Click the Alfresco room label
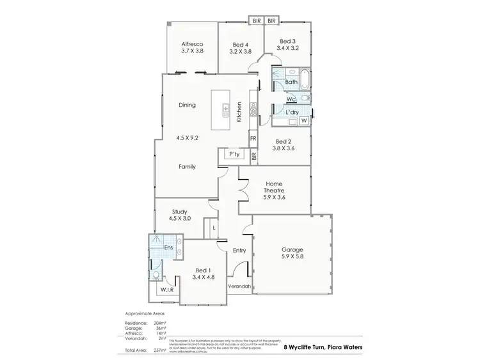tap(192, 42)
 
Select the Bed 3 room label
tap(286, 40)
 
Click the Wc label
tap(291, 99)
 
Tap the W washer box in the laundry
tap(303, 120)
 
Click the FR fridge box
tap(253, 138)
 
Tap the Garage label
tap(292, 249)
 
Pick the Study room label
tap(179, 211)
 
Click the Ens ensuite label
tap(170, 247)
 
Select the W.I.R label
tap(168, 290)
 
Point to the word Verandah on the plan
tap(239, 286)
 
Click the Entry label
tap(239, 251)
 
